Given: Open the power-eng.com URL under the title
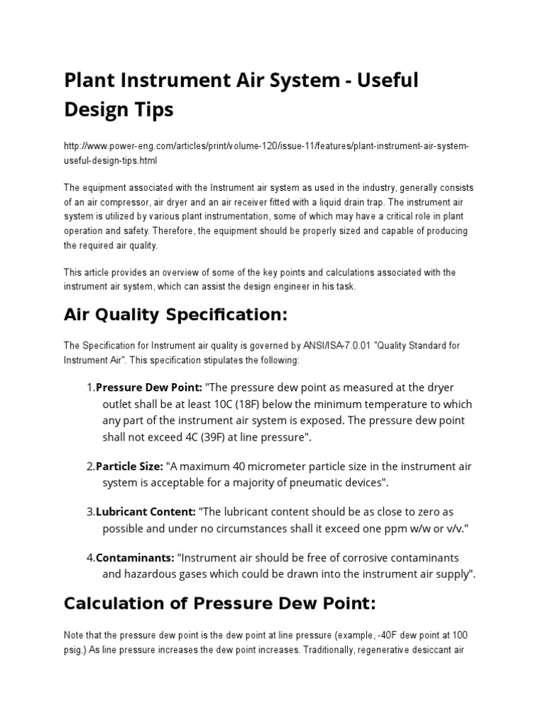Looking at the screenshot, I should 266,153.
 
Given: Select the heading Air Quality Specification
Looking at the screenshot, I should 176,315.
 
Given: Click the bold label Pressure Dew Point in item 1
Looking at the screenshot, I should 148,388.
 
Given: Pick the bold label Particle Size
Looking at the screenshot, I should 129,467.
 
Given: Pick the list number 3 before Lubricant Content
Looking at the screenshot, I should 90,512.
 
